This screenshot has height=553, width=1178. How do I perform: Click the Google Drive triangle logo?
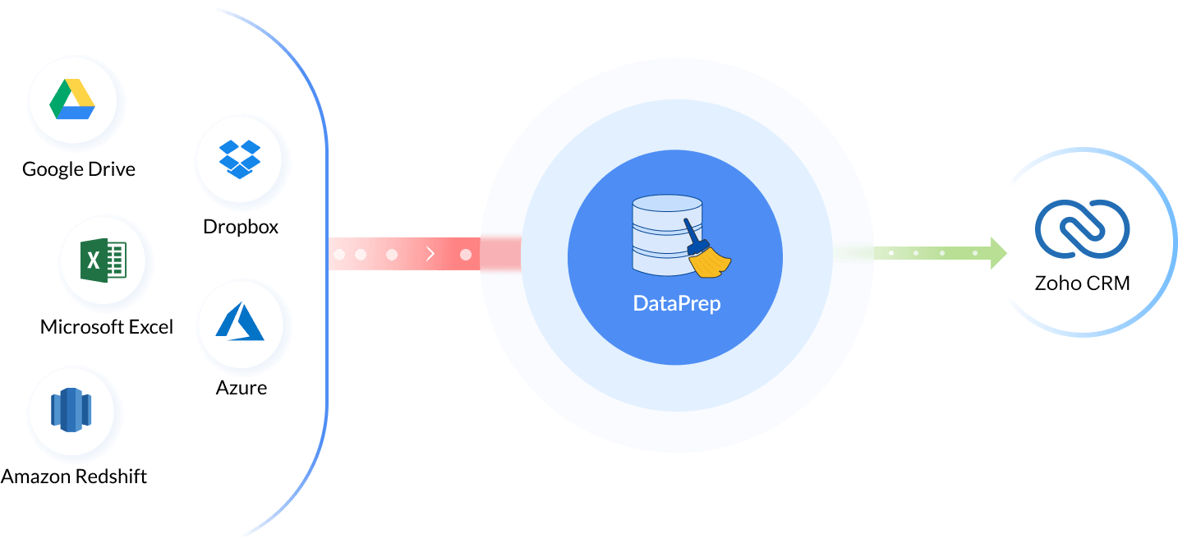pyautogui.click(x=73, y=100)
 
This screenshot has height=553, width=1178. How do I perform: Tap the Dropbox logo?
pyautogui.click(x=239, y=159)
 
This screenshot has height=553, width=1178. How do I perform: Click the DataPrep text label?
pyautogui.click(x=676, y=302)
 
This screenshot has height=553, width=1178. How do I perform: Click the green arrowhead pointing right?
pyautogui.click(x=998, y=253)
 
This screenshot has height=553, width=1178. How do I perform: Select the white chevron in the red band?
pyautogui.click(x=430, y=255)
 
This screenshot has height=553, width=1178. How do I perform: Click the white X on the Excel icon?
pyautogui.click(x=94, y=261)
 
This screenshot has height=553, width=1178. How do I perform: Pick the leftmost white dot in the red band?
pyautogui.click(x=338, y=255)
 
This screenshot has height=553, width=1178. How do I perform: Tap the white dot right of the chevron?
pyautogui.click(x=466, y=255)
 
